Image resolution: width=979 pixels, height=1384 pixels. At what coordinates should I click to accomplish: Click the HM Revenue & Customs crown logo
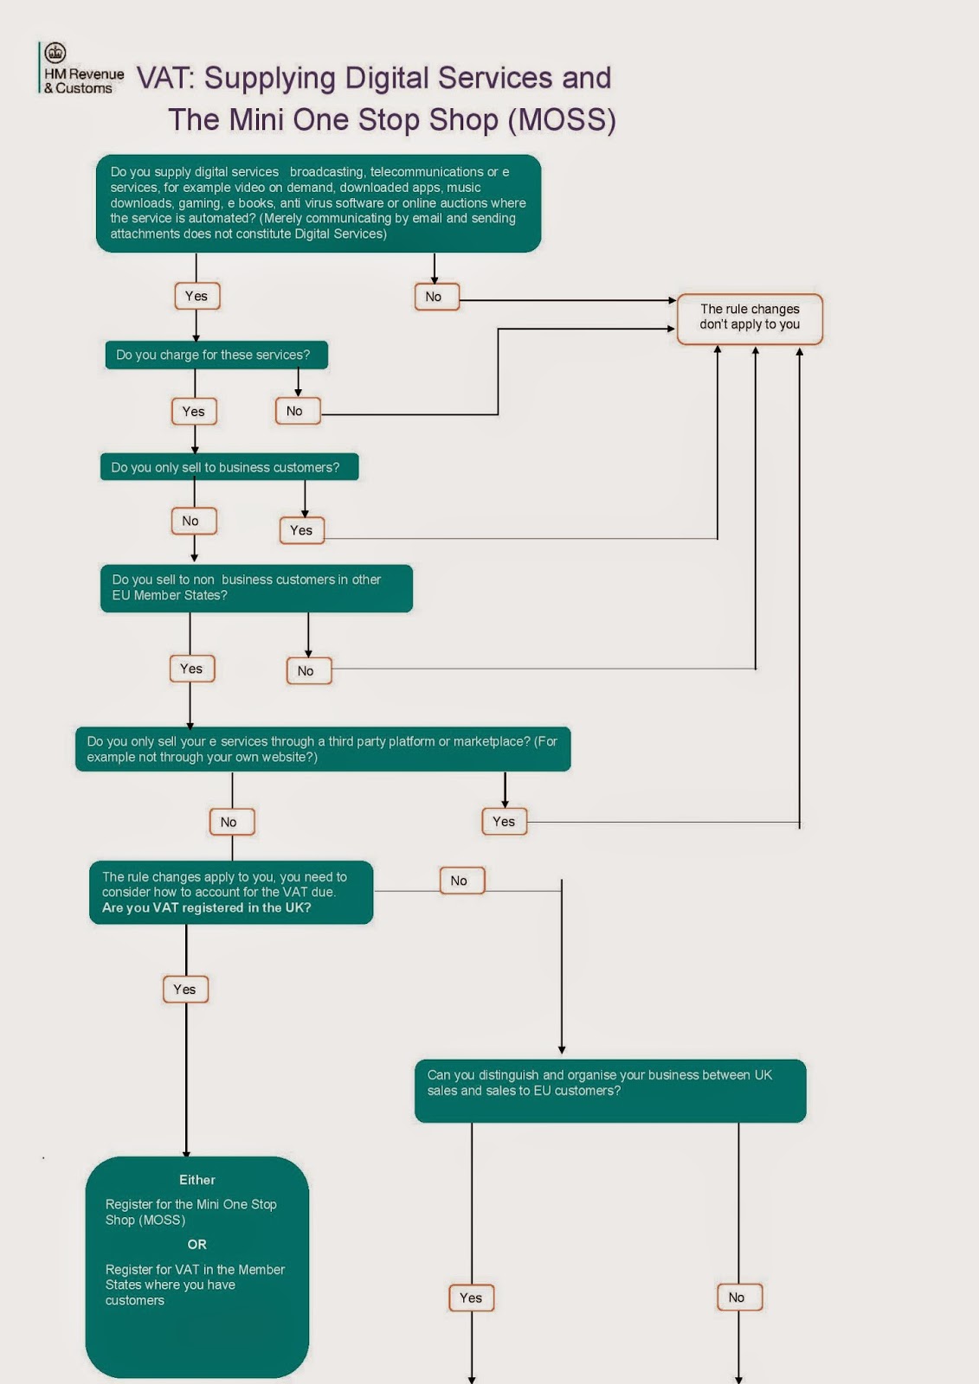(x=55, y=53)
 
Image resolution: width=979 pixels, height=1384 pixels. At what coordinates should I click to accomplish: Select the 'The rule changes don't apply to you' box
(x=750, y=318)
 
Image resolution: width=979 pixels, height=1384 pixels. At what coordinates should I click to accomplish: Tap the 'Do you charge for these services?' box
(x=216, y=355)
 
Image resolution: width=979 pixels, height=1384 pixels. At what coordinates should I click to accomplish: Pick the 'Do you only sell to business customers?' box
(x=229, y=467)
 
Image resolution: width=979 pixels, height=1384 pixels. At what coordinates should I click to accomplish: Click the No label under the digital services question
(x=436, y=297)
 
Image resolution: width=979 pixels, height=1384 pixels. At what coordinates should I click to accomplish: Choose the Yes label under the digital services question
(x=196, y=296)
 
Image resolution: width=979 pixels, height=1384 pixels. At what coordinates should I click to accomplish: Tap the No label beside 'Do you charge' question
(x=298, y=411)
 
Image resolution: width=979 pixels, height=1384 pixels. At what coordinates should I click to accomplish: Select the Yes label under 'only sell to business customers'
(x=302, y=530)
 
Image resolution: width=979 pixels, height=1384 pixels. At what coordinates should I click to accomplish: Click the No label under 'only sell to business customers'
(x=194, y=521)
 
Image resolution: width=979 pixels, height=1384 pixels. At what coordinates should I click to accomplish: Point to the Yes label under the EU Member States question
(x=192, y=669)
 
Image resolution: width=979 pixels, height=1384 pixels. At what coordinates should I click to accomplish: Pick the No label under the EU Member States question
(x=309, y=671)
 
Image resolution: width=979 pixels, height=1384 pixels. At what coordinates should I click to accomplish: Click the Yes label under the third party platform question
(x=504, y=822)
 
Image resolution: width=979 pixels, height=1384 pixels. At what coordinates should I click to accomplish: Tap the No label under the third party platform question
(x=232, y=822)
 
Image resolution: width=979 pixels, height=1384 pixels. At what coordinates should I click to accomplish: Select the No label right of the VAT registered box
(x=462, y=881)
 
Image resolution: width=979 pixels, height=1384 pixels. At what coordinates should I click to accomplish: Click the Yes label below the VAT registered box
(x=185, y=990)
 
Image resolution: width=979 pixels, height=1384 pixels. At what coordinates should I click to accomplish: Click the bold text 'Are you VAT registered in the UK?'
(x=207, y=907)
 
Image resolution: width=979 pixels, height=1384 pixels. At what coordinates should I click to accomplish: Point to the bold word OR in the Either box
(x=196, y=1245)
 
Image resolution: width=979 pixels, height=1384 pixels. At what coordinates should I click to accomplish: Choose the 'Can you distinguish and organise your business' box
(x=610, y=1091)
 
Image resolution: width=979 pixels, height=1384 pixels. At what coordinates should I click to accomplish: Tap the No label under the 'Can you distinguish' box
(x=740, y=1297)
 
